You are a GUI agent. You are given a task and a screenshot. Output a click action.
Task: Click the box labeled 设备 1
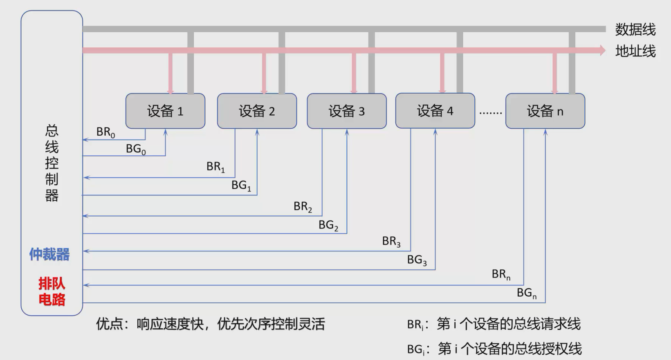[165, 111]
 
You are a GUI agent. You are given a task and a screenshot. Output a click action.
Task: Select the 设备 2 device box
[257, 111]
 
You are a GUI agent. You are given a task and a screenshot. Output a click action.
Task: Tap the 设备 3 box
[347, 111]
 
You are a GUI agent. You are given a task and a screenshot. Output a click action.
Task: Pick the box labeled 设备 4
[435, 111]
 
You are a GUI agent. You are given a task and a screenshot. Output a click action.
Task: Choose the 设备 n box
[545, 111]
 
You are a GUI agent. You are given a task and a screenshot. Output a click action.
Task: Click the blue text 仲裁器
[49, 254]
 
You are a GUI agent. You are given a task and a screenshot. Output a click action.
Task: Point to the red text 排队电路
[52, 291]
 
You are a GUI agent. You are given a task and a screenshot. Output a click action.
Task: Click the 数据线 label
[635, 29]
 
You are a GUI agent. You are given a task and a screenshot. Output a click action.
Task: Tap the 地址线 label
[635, 51]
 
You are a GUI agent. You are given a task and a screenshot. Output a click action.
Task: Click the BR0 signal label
[105, 132]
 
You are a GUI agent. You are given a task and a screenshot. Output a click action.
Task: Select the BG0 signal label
[135, 149]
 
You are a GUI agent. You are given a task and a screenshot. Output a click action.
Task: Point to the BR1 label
[215, 167]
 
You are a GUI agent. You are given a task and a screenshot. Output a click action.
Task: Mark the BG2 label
[328, 225]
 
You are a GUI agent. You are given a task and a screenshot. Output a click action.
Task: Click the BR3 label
[391, 241]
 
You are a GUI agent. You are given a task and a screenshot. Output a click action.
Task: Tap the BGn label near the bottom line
[527, 293]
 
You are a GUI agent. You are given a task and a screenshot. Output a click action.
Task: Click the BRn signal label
[501, 274]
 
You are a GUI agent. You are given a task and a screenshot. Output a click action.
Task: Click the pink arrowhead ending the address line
[602, 51]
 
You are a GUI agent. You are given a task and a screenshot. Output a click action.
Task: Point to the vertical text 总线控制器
[52, 163]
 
